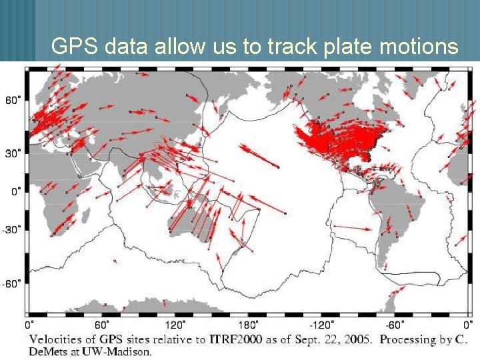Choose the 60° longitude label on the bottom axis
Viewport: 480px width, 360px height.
coord(103,325)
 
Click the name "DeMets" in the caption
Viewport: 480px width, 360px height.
coord(48,351)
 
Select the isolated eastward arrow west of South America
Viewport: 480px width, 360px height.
coord(352,229)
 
